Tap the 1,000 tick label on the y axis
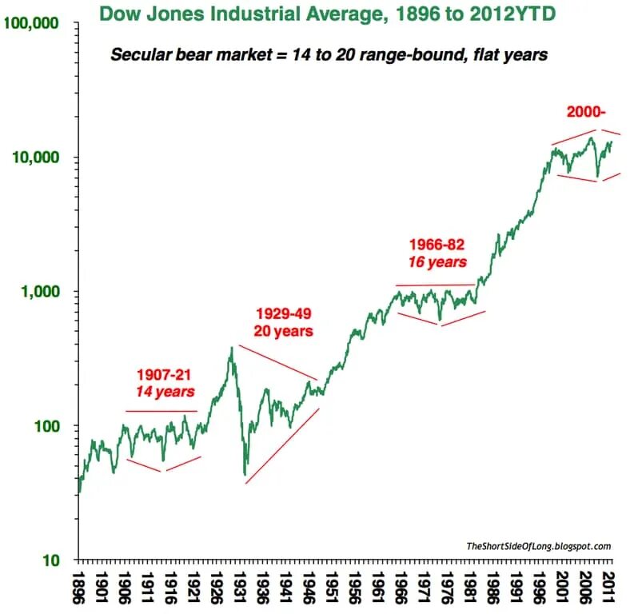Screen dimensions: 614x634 point(40,292)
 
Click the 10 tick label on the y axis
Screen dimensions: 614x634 point(50,560)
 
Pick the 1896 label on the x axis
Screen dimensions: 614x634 point(78,588)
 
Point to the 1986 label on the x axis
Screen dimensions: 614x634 point(496,588)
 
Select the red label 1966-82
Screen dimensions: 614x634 point(437,244)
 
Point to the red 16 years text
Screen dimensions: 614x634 point(437,261)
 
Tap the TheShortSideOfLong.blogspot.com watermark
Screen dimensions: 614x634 point(538,547)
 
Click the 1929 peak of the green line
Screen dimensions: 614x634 point(231,347)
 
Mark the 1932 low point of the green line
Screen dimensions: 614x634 point(245,475)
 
